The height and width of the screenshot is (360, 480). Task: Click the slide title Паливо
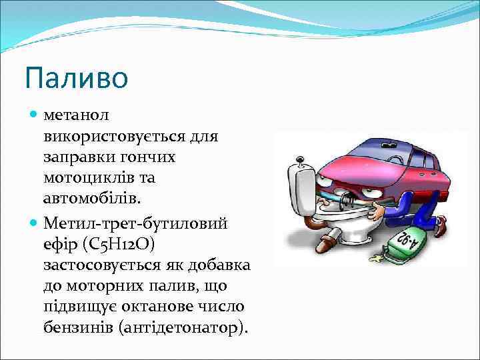point(76,78)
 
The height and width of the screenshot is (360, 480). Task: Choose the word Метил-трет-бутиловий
point(135,223)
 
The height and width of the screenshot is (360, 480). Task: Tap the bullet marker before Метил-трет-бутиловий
point(35,223)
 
